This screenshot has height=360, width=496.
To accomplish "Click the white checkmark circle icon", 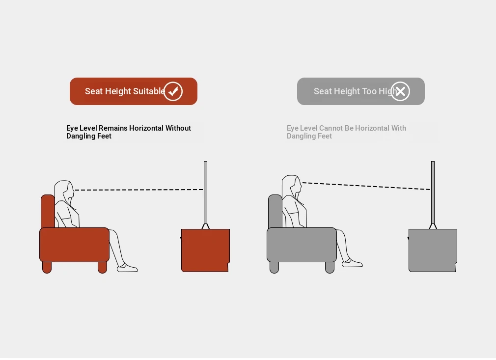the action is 173,91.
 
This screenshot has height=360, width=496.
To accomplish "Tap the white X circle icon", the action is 400,91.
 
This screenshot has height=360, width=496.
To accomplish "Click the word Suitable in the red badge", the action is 149,91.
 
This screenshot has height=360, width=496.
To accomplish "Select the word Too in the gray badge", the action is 369,91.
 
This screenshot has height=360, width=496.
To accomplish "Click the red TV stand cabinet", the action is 205,250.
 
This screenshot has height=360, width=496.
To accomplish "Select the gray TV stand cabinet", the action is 433,250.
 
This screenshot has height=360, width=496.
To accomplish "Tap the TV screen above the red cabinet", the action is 206,193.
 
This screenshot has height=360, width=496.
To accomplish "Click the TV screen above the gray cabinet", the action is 433,193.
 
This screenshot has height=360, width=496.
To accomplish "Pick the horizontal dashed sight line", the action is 139,190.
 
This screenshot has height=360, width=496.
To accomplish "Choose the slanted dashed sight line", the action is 366,186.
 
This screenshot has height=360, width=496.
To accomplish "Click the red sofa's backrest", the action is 48,211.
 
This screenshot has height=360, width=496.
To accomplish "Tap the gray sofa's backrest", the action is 275,211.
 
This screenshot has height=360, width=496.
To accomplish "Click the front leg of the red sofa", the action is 103,267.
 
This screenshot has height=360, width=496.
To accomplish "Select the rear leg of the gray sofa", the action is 274,267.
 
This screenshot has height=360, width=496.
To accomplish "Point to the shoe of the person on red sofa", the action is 127,268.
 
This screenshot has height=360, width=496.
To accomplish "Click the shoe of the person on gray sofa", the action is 353,263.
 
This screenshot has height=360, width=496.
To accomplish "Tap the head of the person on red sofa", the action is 64,191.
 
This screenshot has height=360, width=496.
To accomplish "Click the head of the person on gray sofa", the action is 292,185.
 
